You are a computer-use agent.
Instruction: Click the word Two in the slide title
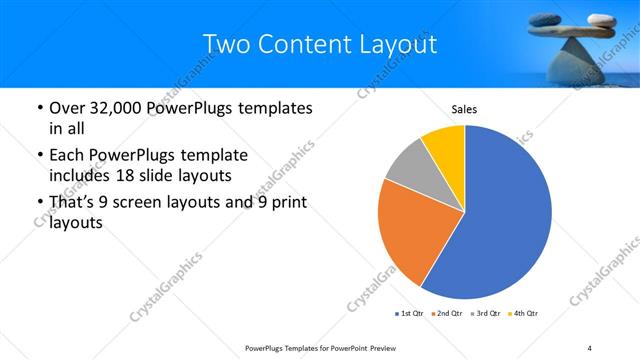224,45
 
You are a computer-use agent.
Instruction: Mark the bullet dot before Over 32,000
38,107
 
